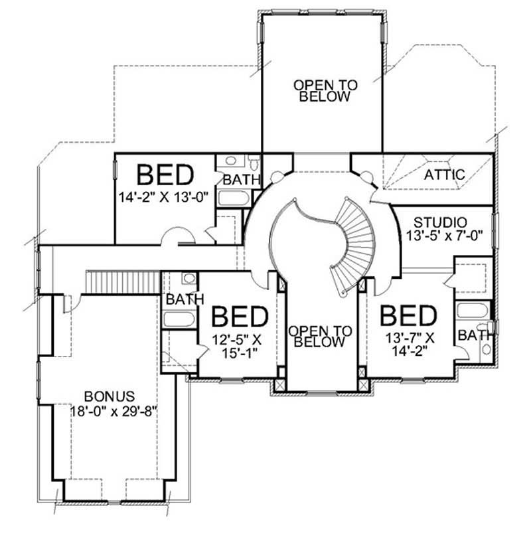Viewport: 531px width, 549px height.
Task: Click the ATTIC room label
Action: [445, 175]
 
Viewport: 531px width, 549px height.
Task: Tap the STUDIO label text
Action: [440, 222]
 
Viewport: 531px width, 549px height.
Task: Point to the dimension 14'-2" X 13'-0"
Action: [164, 196]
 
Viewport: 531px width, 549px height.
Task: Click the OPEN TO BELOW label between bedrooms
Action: [321, 337]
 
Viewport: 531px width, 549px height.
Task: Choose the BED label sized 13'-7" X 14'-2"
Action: [408, 315]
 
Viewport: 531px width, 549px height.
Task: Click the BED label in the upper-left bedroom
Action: [165, 175]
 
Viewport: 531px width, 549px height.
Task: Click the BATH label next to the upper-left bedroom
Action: [236, 179]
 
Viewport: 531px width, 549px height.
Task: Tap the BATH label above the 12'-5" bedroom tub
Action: [185, 299]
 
